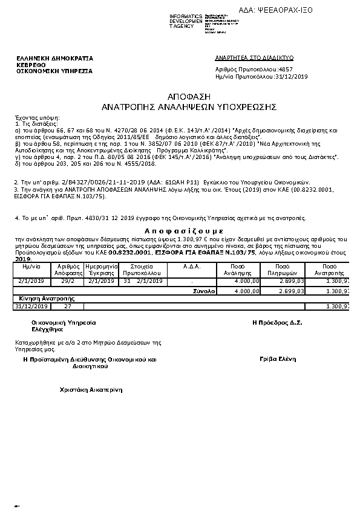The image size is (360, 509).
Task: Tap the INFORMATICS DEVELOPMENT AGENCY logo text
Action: point(186,21)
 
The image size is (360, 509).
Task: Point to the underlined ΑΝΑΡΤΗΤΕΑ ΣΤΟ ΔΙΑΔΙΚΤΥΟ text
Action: point(254,57)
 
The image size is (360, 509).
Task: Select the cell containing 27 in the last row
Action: point(67,306)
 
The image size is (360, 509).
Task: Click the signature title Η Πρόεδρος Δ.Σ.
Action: point(277,323)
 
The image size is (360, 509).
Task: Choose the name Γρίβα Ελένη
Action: point(277,359)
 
